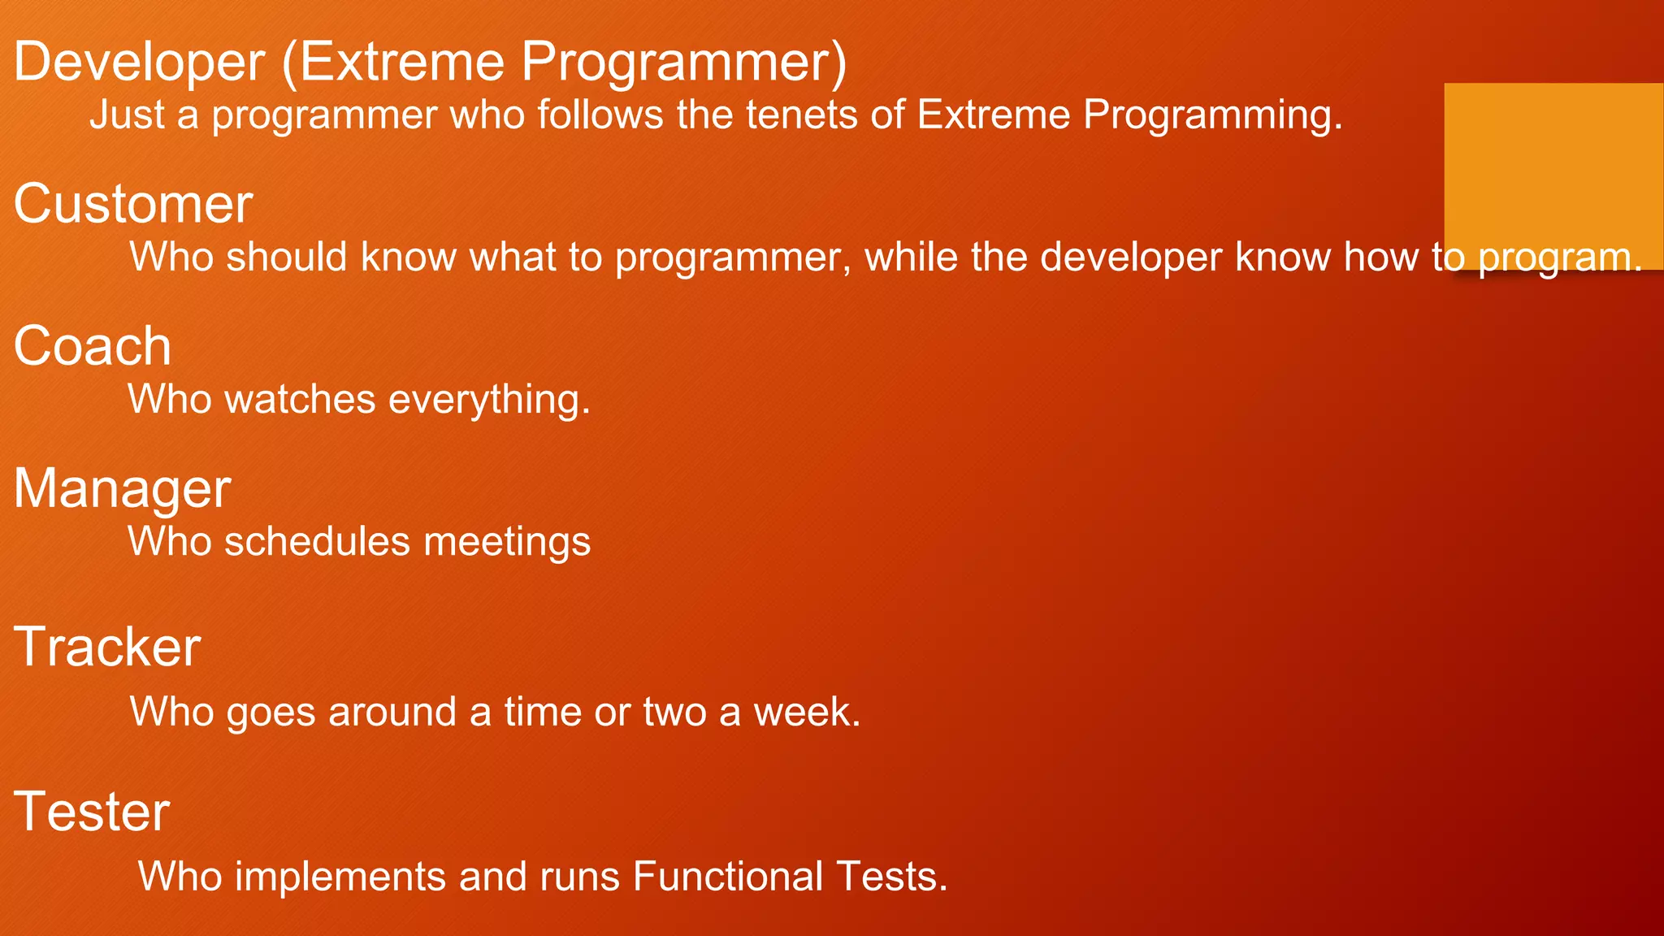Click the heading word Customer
(133, 204)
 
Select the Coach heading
(93, 346)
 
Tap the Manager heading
(123, 489)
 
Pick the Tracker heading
(107, 648)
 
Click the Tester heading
(92, 812)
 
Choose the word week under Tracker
(806, 713)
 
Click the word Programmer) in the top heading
(683, 63)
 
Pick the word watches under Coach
(300, 400)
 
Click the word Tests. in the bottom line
(892, 877)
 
